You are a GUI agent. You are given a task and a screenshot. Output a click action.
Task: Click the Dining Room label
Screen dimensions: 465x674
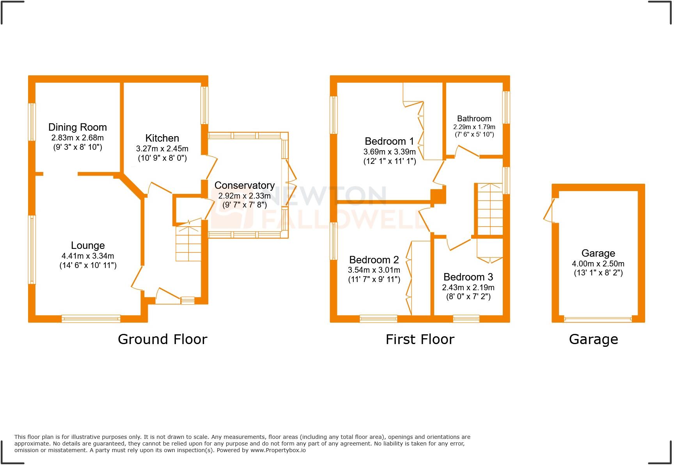pos(77,127)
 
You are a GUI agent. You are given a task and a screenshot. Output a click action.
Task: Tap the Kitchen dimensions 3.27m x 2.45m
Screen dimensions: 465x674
pos(162,149)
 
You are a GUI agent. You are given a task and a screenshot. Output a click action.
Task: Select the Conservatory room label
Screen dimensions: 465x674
pos(245,185)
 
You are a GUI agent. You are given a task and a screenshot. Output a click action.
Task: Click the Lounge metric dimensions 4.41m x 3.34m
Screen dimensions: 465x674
pos(88,256)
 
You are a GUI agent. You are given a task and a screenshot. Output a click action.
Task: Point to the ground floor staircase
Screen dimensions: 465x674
pos(188,242)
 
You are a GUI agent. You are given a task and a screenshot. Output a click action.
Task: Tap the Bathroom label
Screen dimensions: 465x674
pos(474,119)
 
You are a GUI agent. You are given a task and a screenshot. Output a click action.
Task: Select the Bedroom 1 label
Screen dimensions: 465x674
pos(389,141)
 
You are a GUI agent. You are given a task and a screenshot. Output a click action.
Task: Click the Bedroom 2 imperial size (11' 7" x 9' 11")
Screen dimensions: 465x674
pos(374,279)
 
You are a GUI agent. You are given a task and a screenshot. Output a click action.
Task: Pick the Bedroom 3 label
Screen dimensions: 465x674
pos(468,277)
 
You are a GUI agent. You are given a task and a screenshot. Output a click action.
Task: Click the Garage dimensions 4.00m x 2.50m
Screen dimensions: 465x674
pos(598,264)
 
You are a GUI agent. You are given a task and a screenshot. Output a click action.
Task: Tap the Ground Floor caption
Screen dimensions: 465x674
pos(162,339)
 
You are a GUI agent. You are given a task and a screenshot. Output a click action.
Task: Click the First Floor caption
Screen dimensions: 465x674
pos(420,339)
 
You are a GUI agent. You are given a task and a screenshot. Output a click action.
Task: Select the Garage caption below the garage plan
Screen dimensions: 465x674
pos(593,339)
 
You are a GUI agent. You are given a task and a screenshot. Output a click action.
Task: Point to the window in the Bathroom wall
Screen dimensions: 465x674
pos(506,107)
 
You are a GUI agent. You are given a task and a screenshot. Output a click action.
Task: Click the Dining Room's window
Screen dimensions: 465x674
pos(32,122)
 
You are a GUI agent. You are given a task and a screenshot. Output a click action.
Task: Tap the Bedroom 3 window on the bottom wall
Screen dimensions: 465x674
pos(466,319)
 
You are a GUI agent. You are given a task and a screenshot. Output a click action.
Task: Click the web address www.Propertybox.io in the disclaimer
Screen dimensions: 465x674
pos(278,450)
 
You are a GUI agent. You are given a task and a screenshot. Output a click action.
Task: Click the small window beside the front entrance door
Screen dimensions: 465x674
pos(188,300)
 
